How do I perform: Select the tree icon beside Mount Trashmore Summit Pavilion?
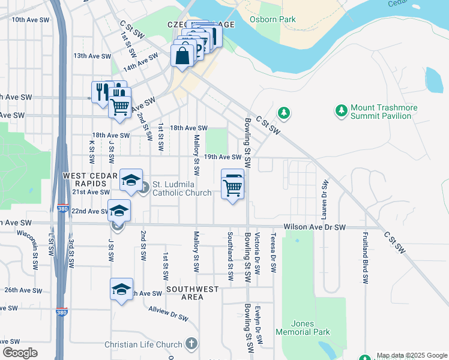342,111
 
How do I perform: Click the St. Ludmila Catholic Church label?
182,188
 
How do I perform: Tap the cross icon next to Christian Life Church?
191,344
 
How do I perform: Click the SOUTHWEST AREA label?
193,293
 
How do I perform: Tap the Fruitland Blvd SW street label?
365,256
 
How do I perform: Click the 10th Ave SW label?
26,20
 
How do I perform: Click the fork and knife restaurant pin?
100,92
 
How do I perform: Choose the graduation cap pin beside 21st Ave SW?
131,181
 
